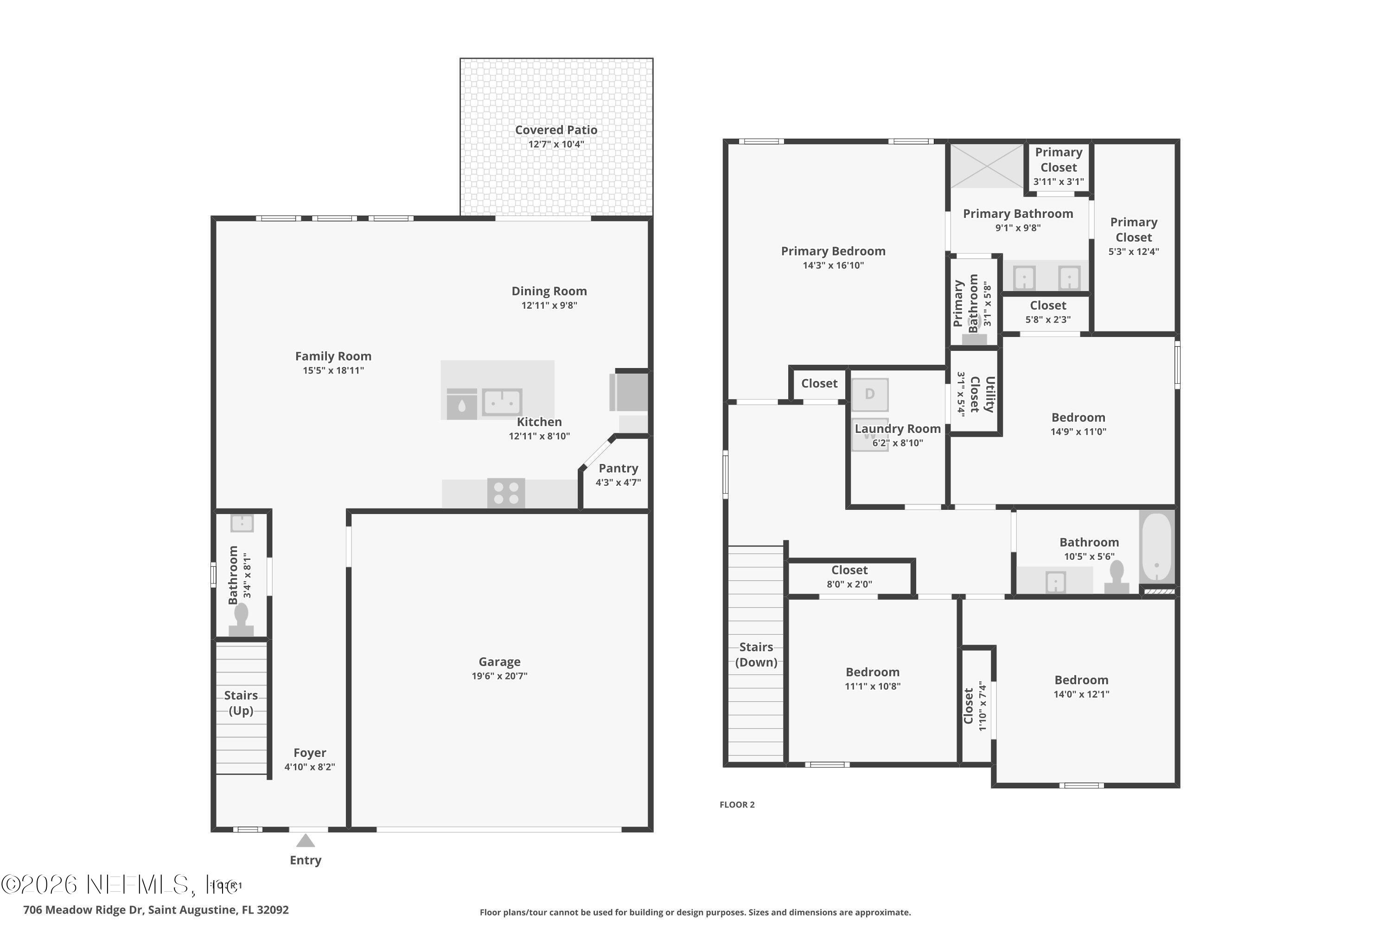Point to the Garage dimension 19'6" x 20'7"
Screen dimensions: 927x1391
499,676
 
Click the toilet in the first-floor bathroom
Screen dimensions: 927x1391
241,620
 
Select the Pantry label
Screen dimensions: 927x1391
618,468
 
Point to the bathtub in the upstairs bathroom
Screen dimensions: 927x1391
1156,547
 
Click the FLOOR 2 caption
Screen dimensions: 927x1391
737,805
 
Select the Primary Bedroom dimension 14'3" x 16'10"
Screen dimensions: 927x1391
833,266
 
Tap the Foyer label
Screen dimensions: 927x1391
309,753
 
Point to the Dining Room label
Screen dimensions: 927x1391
549,291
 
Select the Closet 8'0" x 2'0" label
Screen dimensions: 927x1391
849,577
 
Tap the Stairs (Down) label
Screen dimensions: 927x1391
756,654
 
